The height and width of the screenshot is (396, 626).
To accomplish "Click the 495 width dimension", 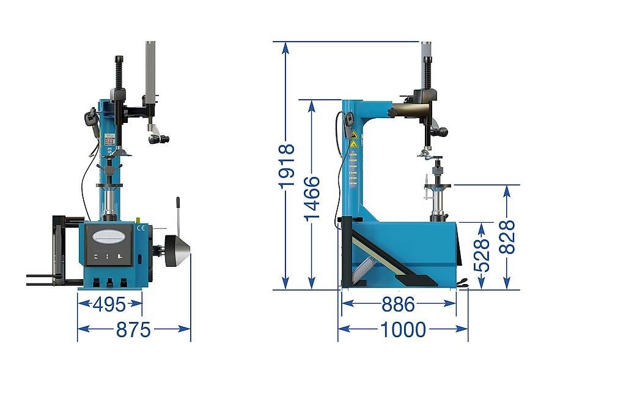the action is (109, 304).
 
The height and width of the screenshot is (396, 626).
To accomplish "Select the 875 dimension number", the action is (133, 330).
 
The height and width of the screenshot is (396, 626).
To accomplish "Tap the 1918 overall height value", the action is (287, 166).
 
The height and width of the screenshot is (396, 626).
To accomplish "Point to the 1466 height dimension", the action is (312, 198).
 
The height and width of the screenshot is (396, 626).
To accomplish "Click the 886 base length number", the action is (399, 304).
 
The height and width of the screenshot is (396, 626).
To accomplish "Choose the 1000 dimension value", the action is (403, 330).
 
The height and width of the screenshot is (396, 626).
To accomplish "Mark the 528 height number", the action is (482, 255).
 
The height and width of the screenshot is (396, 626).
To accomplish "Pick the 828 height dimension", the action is (507, 237).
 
